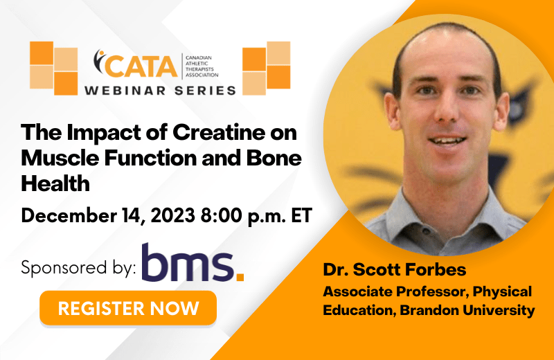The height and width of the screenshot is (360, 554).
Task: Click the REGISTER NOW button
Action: click(x=128, y=308)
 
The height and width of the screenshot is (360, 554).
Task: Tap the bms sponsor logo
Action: click(x=193, y=262)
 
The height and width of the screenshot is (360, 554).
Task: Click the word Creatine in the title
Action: click(x=219, y=132)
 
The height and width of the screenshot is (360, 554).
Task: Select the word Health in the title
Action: click(x=55, y=183)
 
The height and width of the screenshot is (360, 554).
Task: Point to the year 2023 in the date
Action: click(x=173, y=215)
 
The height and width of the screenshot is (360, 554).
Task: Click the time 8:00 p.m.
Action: click(x=244, y=215)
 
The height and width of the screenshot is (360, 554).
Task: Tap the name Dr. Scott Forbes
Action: click(x=394, y=269)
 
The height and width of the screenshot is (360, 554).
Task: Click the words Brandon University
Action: click(x=467, y=310)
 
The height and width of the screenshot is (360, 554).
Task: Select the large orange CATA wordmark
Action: click(x=141, y=66)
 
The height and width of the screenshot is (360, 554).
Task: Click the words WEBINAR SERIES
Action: click(x=160, y=91)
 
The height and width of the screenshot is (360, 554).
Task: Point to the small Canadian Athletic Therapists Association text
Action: click(x=202, y=66)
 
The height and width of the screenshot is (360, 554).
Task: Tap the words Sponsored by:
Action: click(x=78, y=267)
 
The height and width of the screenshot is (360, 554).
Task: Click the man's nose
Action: click(x=446, y=109)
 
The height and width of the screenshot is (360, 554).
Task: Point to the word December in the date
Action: click(x=69, y=215)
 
